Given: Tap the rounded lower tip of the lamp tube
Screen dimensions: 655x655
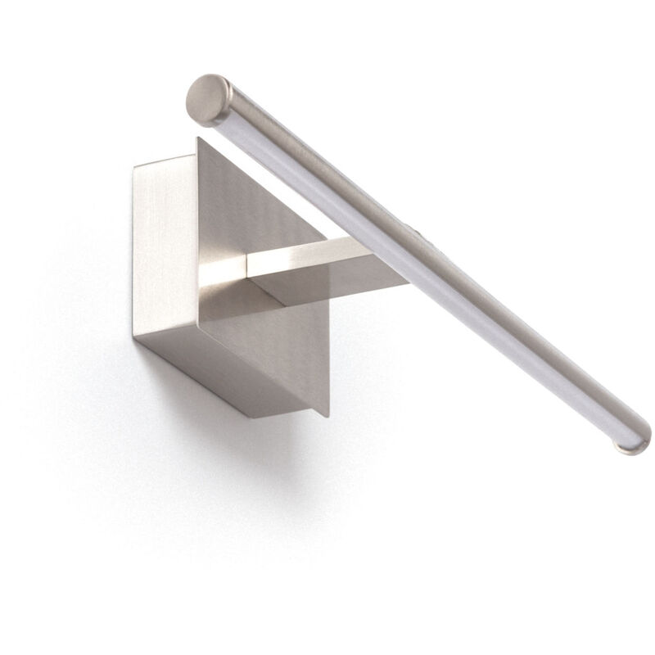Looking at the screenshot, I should tap(628, 444).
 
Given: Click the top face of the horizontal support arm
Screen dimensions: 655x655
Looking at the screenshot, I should tap(311, 251).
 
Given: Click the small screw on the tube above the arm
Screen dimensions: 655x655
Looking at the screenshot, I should tap(421, 233).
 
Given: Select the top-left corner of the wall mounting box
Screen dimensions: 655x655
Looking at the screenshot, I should tap(133, 167).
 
